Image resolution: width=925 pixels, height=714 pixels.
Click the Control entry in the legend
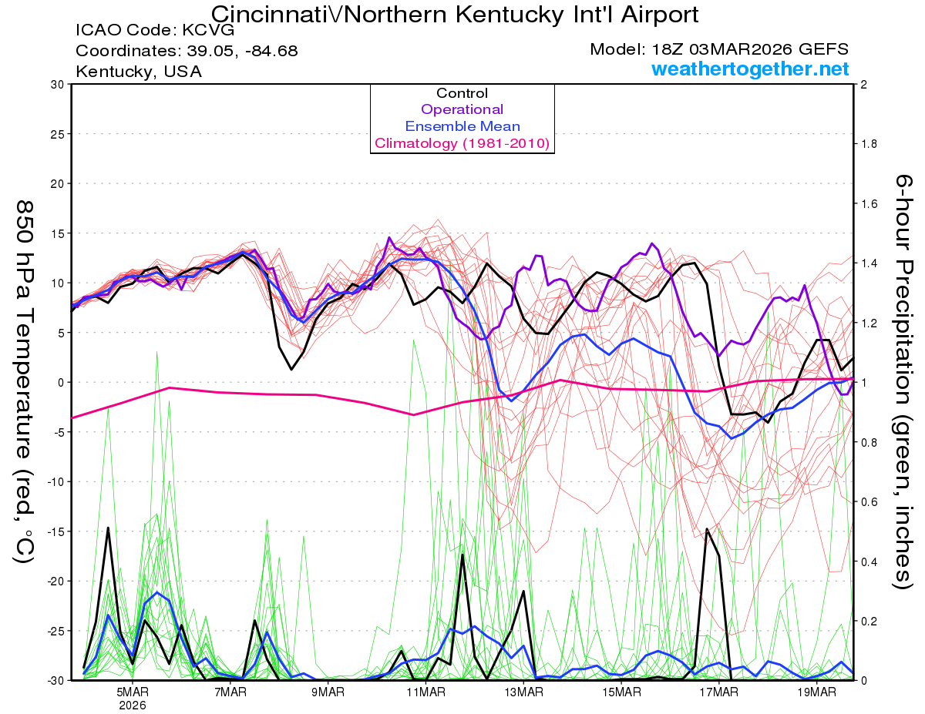(462, 93)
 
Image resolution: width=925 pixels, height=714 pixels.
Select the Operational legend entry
(462, 109)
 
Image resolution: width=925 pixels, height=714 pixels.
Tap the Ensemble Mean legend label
(462, 126)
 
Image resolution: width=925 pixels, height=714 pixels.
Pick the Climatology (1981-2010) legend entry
(462, 143)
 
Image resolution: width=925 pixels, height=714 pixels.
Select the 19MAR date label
(816, 691)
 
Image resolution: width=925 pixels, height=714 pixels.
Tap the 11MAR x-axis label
(426, 691)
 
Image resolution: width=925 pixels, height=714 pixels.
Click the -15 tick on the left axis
(55, 531)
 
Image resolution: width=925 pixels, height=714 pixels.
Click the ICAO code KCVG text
(155, 31)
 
